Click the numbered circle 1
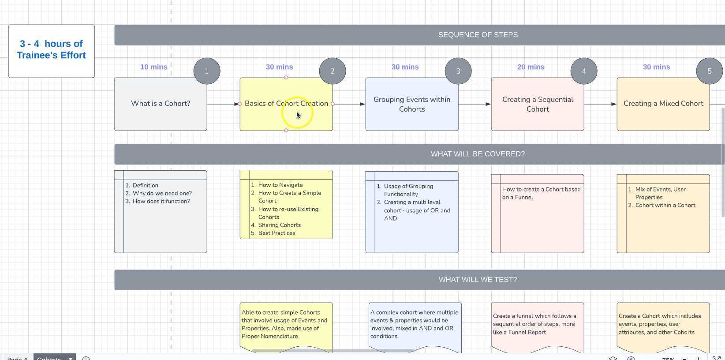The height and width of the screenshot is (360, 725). click(x=207, y=71)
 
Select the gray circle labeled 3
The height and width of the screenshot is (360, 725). click(x=458, y=71)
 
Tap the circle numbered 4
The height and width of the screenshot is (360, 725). click(x=583, y=71)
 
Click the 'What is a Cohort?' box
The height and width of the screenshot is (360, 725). click(x=161, y=104)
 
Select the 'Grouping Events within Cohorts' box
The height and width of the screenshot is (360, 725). click(x=411, y=104)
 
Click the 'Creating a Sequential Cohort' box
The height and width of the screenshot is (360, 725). click(x=537, y=104)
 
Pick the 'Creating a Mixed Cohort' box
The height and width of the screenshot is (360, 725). click(x=663, y=104)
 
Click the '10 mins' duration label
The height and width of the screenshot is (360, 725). click(x=153, y=67)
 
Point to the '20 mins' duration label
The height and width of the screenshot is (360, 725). click(x=531, y=67)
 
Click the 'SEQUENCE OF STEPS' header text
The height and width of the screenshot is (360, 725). click(x=478, y=35)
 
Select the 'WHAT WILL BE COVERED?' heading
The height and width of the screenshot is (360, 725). click(x=478, y=154)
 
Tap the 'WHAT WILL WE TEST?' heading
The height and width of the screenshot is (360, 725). click(x=478, y=280)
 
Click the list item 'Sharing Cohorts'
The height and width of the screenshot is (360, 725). click(x=279, y=225)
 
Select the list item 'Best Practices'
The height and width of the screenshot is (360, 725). click(x=277, y=233)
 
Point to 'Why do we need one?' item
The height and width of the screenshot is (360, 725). click(x=162, y=193)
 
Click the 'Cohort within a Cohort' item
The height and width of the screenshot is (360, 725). click(x=665, y=205)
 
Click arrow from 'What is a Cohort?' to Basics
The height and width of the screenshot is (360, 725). click(x=222, y=104)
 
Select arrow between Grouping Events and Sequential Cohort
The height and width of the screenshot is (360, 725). click(x=474, y=104)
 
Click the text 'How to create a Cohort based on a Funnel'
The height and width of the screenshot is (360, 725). click(x=541, y=193)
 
